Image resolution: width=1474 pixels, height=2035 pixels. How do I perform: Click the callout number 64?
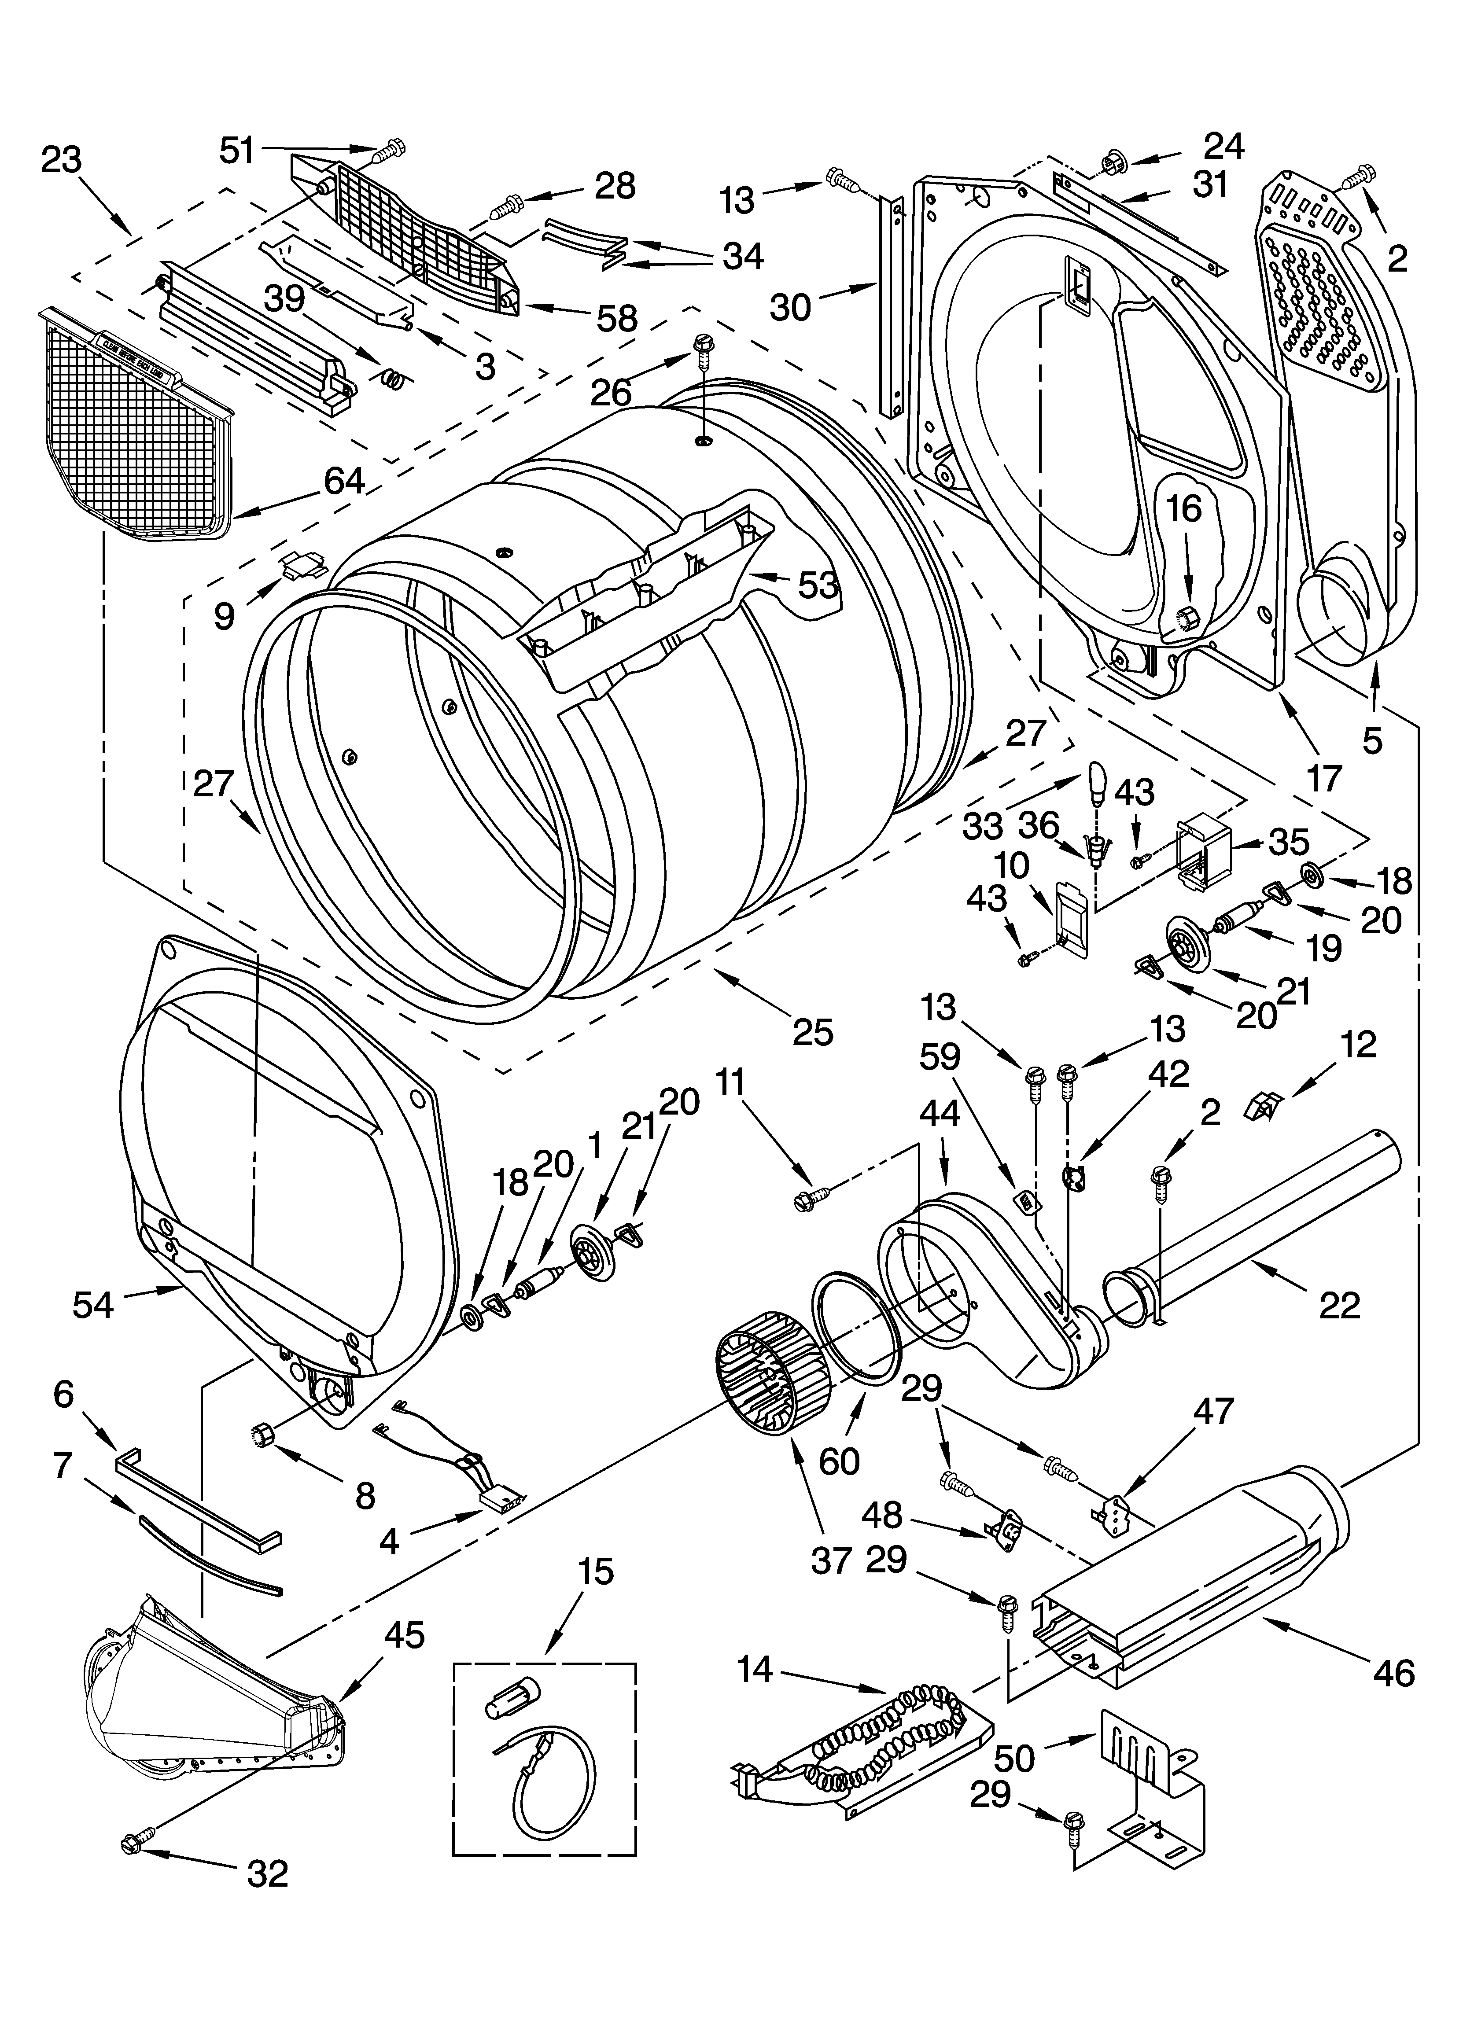pos(344,482)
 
